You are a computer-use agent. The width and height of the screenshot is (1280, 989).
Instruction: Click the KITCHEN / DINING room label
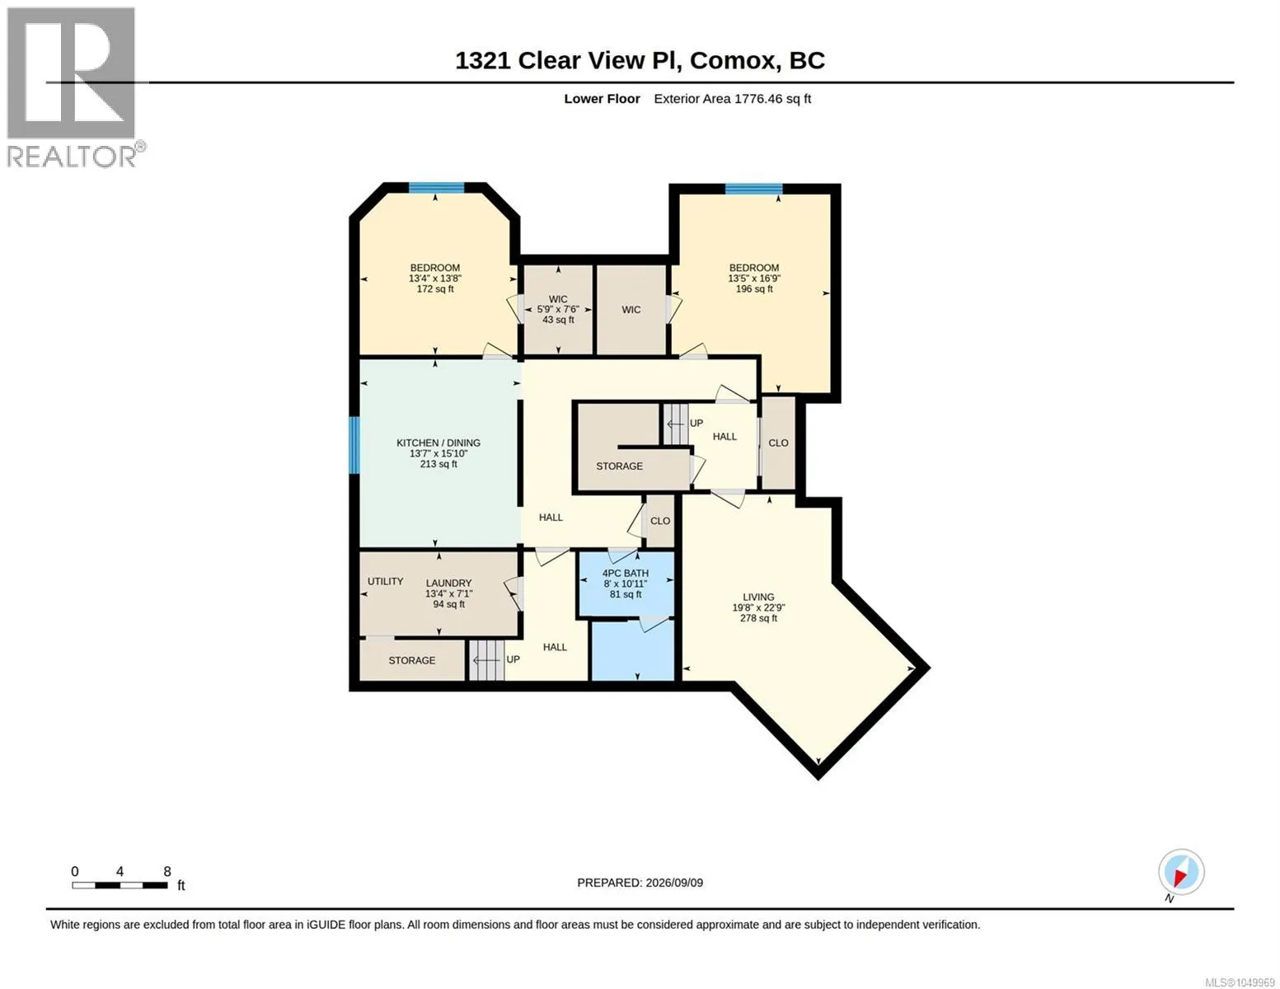[x=438, y=443]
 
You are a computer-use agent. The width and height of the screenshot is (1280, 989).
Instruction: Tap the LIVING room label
[x=758, y=597]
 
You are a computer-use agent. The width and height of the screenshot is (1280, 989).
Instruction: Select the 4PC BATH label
[x=625, y=573]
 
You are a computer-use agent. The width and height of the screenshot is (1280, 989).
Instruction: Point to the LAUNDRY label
[x=449, y=584]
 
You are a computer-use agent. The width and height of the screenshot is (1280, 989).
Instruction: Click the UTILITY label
[x=385, y=581]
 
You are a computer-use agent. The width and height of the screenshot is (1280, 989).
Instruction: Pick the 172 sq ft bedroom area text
[x=435, y=289]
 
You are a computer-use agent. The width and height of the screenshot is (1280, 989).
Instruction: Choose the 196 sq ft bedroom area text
[x=754, y=289]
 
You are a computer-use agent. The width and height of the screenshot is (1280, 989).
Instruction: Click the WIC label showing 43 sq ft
[x=558, y=299]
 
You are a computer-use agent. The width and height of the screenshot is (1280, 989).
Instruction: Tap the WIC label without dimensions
[x=631, y=310]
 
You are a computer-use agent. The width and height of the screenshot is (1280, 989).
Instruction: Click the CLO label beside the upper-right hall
[x=778, y=443]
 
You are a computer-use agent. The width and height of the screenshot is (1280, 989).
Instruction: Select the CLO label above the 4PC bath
[x=659, y=521]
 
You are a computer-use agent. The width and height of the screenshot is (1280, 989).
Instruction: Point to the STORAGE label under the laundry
[x=412, y=660]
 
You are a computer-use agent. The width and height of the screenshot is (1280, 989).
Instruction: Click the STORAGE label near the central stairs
[x=619, y=466]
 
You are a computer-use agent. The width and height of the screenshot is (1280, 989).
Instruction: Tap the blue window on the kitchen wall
[x=354, y=445]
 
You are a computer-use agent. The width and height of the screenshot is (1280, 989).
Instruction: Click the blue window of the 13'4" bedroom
[x=437, y=188]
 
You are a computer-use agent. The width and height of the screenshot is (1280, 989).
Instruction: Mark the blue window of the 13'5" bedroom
[x=753, y=189]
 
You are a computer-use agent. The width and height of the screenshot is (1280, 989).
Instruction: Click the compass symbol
[x=1180, y=872]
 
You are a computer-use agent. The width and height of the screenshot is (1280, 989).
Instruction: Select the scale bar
[x=120, y=885]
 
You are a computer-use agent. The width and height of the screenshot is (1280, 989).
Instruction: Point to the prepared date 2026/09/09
[x=674, y=883]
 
